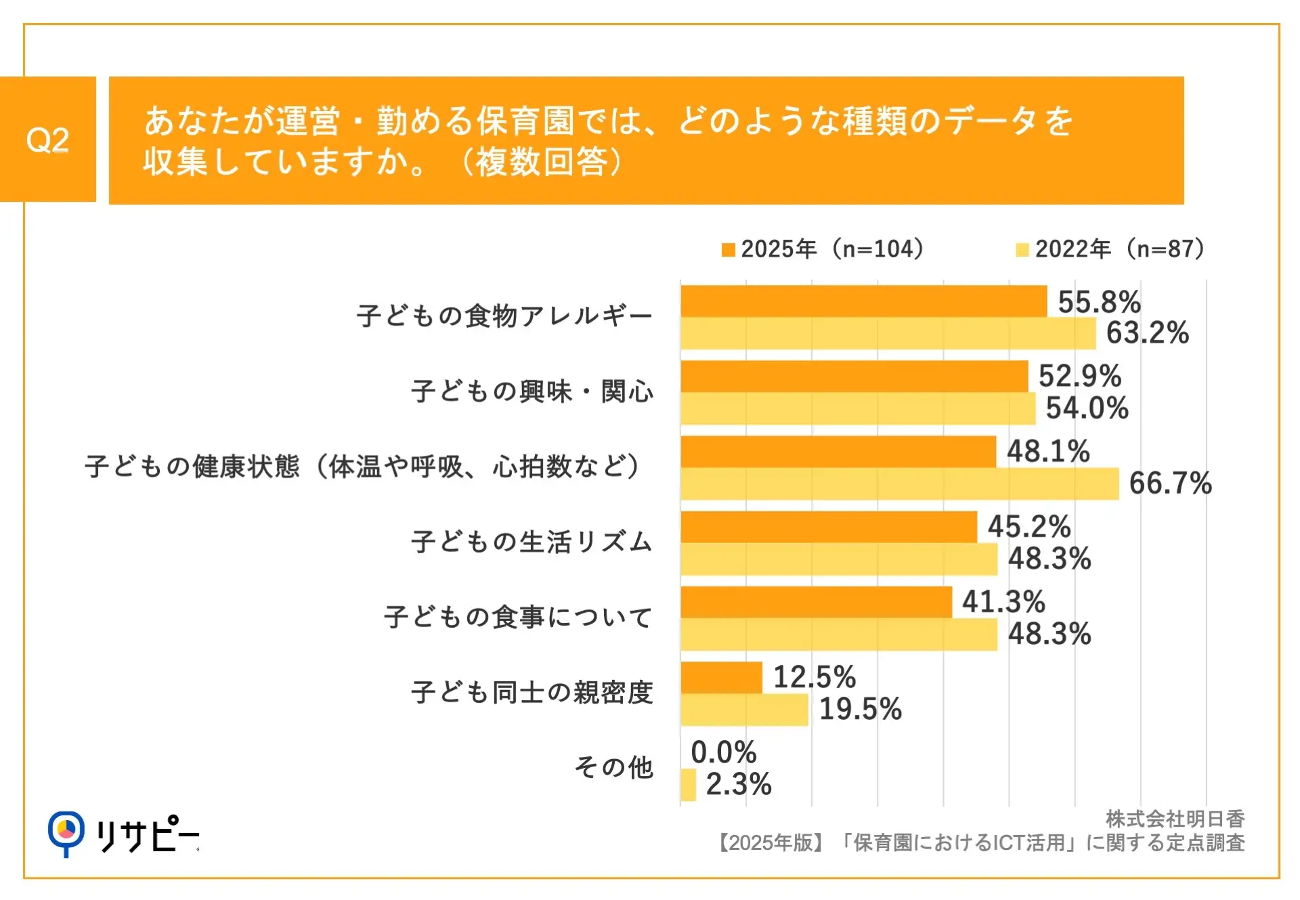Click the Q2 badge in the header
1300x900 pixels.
(47, 140)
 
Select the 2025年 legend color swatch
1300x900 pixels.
(728, 250)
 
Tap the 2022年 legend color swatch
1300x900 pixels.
(1022, 250)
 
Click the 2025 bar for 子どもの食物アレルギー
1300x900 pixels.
(863, 301)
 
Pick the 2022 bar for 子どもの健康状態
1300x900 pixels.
(899, 484)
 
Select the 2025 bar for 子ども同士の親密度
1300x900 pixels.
(721, 677)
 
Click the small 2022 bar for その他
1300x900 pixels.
(688, 784)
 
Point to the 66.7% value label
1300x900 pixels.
(1169, 484)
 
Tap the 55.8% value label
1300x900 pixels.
(1099, 302)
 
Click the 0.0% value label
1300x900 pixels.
(723, 752)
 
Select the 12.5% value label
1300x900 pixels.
(814, 677)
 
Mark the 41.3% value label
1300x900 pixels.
(1003, 601)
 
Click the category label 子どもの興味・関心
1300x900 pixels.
(532, 391)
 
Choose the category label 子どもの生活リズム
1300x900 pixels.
(532, 542)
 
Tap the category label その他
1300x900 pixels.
(613, 767)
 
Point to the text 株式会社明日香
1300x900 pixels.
(1175, 819)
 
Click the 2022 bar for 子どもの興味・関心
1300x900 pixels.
(858, 408)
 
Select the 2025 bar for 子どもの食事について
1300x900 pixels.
(816, 602)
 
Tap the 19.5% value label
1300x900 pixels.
(860, 709)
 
